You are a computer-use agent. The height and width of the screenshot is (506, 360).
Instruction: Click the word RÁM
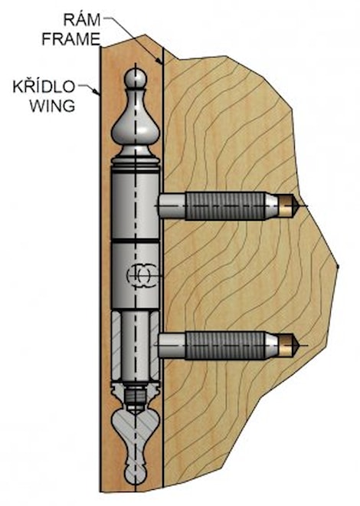pos(79,16)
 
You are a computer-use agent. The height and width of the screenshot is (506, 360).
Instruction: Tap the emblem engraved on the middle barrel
pos(142,273)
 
